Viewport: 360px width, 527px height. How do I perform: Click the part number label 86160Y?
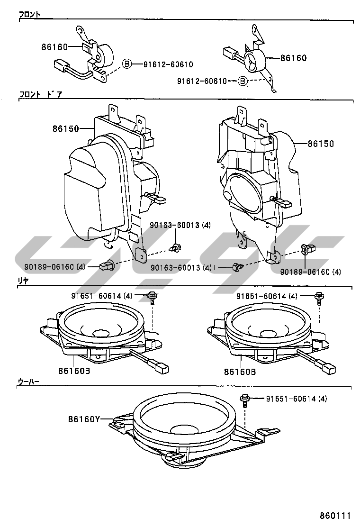pyautogui.click(x=83, y=419)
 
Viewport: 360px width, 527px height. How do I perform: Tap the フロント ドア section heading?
pyautogui.click(x=41, y=95)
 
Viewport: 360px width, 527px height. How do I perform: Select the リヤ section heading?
pyautogui.click(x=24, y=281)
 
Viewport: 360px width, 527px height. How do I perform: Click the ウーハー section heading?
pyautogui.click(x=28, y=381)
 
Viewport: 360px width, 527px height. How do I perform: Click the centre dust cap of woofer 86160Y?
pyautogui.click(x=184, y=429)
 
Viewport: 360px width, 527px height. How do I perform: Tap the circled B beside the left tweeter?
pyautogui.click(x=127, y=64)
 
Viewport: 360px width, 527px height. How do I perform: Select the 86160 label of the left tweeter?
pyautogui.click(x=54, y=47)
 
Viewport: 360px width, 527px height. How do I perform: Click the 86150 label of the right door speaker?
pyautogui.click(x=321, y=144)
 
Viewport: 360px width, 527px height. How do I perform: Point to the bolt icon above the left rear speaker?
pyautogui.click(x=152, y=297)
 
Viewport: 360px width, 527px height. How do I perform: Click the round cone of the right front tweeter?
pyautogui.click(x=253, y=61)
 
